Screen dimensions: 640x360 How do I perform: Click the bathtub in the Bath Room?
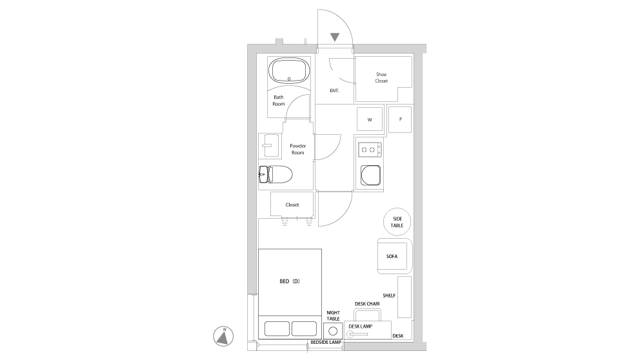click(289, 70)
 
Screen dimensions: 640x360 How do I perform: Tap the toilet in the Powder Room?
click(275, 174)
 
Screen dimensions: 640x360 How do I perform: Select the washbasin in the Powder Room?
click(270, 145)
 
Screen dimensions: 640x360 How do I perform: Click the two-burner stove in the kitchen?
click(370, 150)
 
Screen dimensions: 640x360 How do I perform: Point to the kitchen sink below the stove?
click(370, 175)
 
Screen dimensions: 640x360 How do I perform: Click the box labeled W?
click(370, 119)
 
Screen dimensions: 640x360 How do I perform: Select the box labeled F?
click(400, 119)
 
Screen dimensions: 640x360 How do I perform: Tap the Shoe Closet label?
click(381, 77)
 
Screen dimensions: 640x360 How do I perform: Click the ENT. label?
click(334, 90)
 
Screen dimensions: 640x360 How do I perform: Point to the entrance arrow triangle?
click(335, 37)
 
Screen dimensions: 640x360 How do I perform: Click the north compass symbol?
click(223, 337)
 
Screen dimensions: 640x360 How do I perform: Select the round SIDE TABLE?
click(397, 222)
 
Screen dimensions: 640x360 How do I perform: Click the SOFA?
click(394, 256)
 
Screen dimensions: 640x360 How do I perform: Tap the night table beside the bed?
click(333, 330)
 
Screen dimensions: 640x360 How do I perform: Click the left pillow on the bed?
click(277, 328)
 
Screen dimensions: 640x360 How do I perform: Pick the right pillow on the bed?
click(304, 328)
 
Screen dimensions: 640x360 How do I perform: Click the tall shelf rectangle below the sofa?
click(404, 297)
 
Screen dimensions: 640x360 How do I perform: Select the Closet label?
click(292, 205)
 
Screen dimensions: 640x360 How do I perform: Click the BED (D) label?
click(290, 281)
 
